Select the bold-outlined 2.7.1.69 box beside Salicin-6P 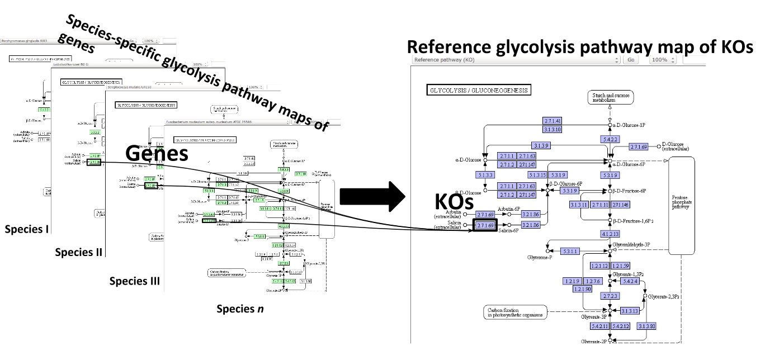pos(485,225)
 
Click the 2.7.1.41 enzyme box pos(552,121)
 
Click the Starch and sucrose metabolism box pos(610,98)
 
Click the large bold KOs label pos(454,202)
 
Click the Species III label pos(134,281)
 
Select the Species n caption pos(239,309)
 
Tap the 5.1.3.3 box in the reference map pos(485,175)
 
